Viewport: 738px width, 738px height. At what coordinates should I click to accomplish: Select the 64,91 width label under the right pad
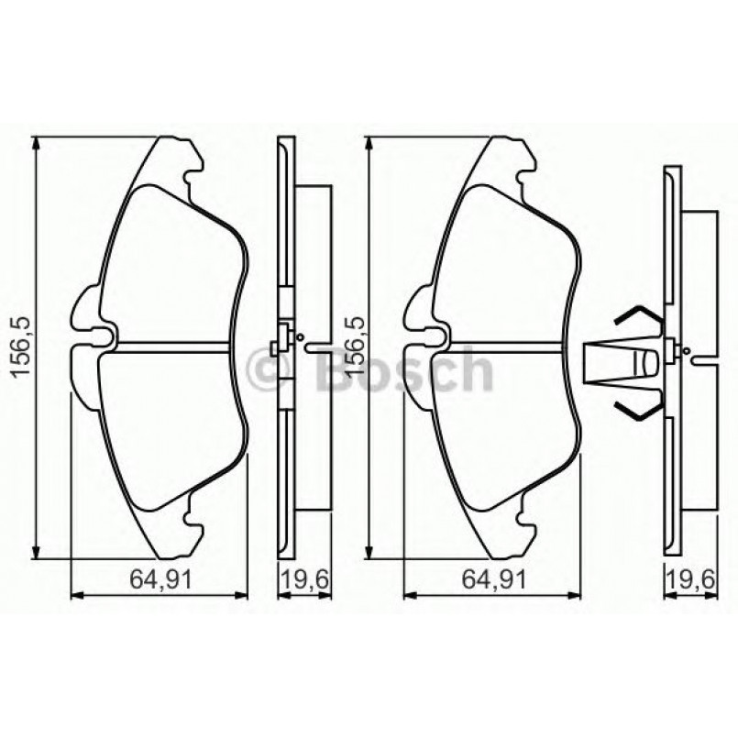[493, 578]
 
